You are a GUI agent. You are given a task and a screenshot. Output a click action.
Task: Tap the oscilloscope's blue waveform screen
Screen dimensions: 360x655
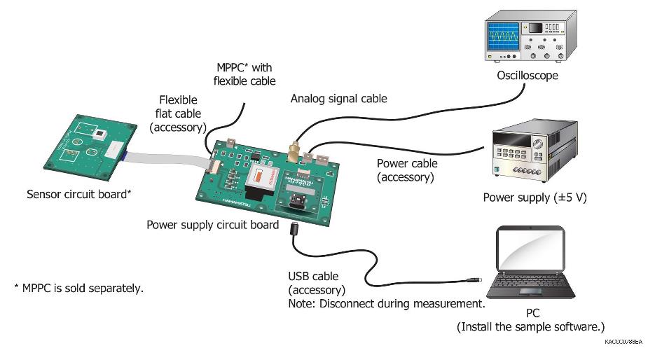tap(504, 33)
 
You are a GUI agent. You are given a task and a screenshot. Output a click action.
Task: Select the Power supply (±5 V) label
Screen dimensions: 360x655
tap(535, 198)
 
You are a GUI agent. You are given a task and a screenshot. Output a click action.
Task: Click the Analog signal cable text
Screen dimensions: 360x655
tap(339, 99)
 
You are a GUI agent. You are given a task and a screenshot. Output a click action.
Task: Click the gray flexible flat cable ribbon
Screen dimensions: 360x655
tap(165, 159)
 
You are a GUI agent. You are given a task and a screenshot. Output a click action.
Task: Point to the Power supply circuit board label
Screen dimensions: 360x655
tap(213, 225)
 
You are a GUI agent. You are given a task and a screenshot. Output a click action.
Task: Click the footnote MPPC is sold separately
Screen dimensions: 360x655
tap(79, 288)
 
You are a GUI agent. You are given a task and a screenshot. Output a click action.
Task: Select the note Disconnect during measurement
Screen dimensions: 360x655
tap(387, 304)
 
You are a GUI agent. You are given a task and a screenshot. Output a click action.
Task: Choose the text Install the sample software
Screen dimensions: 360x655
tap(530, 327)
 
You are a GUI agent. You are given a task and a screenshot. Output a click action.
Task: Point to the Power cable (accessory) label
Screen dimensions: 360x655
tap(407, 170)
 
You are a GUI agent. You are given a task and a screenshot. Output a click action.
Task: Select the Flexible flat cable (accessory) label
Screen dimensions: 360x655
tap(179, 113)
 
